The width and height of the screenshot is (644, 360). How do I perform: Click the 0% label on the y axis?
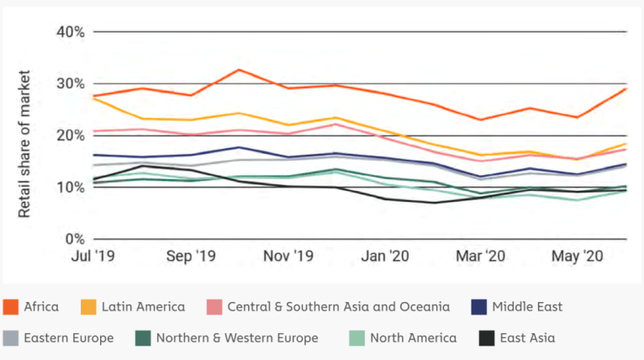(x=76, y=239)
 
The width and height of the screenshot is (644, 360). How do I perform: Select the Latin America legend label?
(x=143, y=307)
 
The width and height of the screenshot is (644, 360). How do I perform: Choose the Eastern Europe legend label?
(x=68, y=338)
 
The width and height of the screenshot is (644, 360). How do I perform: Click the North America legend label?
(x=414, y=338)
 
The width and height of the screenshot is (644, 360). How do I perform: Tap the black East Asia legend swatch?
(x=486, y=338)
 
